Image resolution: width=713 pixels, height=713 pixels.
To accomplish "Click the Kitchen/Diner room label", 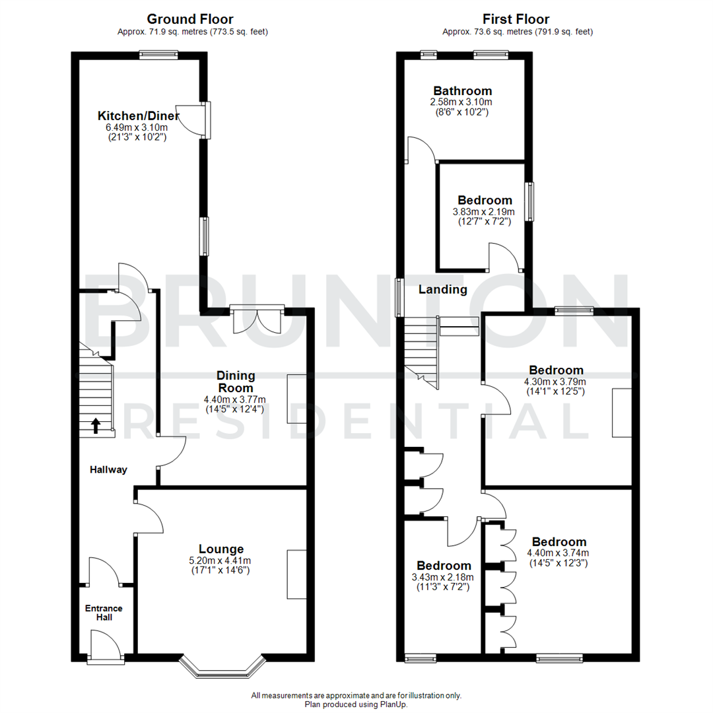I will click(x=139, y=116).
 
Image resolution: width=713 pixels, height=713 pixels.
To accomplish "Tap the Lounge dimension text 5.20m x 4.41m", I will click(x=222, y=561).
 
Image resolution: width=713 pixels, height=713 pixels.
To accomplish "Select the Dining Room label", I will click(x=236, y=382).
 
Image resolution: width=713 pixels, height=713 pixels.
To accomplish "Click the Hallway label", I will click(x=109, y=470).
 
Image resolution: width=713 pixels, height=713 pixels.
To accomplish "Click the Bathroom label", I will click(x=463, y=91).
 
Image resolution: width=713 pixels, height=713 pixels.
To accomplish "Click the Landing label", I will click(x=443, y=289).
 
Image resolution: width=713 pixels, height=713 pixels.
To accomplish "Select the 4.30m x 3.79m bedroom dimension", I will click(x=555, y=382).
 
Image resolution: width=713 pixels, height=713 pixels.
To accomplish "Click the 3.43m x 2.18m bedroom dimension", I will click(x=444, y=577).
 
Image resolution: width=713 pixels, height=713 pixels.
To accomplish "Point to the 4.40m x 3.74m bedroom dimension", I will click(x=558, y=553).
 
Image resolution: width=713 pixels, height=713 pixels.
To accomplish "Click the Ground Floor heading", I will click(x=189, y=19).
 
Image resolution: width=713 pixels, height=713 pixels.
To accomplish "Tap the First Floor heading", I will click(x=516, y=19).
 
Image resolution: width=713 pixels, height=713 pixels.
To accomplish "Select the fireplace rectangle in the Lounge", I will click(x=296, y=574).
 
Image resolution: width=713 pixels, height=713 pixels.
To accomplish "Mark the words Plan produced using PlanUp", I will click(x=356, y=704).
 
